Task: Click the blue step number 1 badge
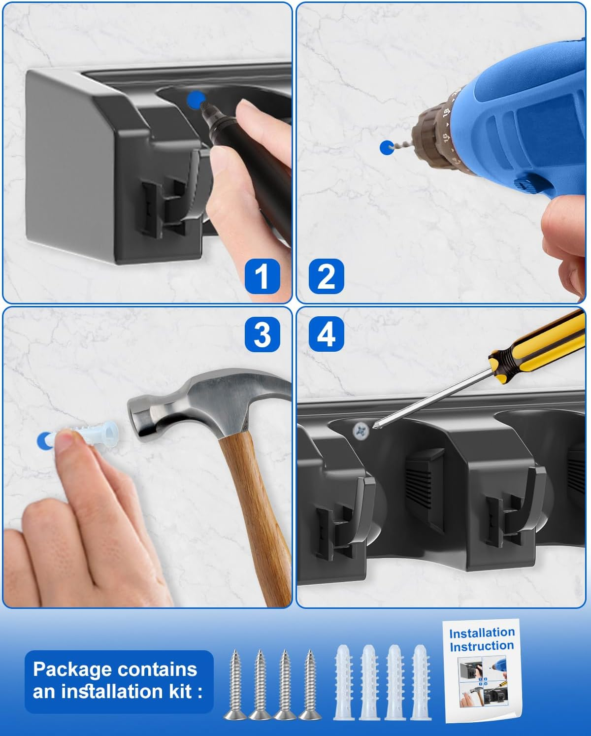(x=263, y=276)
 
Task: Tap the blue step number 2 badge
(x=326, y=276)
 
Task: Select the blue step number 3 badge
(x=263, y=334)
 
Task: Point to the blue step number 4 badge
(x=326, y=334)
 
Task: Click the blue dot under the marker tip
(x=196, y=100)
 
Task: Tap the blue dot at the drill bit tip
(x=387, y=148)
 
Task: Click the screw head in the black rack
(x=361, y=430)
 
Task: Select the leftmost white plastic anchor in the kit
(x=344, y=682)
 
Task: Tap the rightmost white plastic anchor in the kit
(x=421, y=682)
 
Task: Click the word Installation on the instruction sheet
(x=482, y=633)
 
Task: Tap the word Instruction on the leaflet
(x=482, y=646)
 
